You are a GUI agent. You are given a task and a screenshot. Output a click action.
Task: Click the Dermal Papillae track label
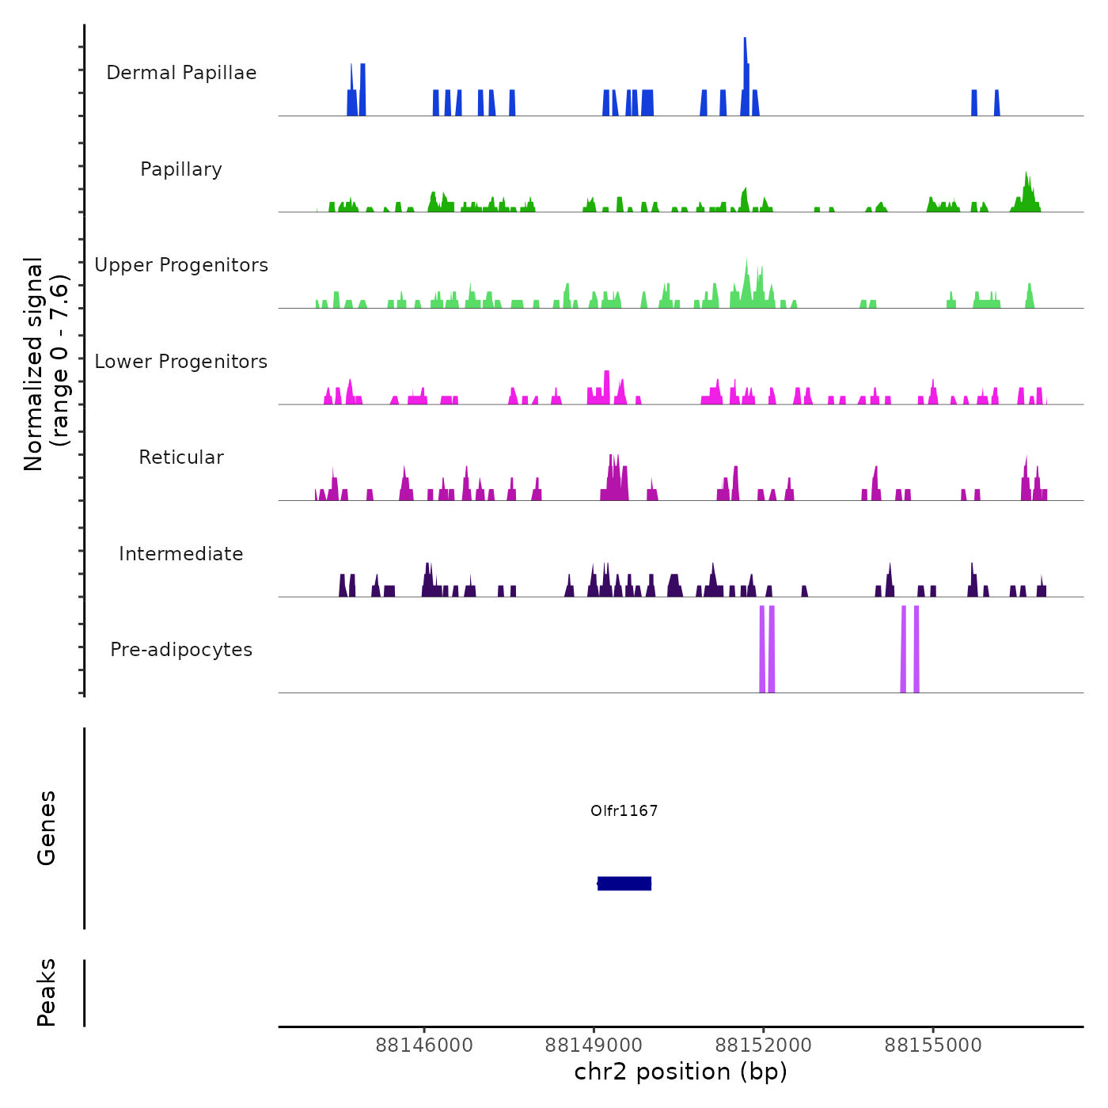pos(181,73)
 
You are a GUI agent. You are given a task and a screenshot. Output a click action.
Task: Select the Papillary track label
pos(181,169)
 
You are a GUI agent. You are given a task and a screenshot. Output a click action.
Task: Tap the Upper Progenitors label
pos(181,265)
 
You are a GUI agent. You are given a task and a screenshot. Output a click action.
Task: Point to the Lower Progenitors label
pos(181,362)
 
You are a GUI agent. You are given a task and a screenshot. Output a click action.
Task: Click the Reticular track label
pos(181,457)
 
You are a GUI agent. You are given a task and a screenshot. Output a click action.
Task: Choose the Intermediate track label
pos(181,554)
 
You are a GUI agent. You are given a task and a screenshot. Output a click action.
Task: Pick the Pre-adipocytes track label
pos(181,650)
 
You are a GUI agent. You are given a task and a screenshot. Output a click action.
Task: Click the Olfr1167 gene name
pos(624,810)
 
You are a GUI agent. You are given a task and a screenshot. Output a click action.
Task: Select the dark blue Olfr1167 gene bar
pos(624,883)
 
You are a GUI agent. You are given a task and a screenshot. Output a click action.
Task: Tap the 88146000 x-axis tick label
pos(424,1045)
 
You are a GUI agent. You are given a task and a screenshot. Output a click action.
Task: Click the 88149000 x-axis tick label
pos(594,1045)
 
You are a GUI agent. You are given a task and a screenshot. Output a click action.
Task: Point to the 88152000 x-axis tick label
pos(764,1045)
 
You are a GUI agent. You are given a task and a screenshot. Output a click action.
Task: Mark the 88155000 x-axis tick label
pos(933,1045)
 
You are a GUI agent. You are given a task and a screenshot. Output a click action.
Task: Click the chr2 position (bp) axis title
pos(681,1072)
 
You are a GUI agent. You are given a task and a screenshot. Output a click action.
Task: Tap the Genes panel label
pos(47,828)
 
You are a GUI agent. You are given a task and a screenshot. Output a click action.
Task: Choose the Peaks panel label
pos(47,992)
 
